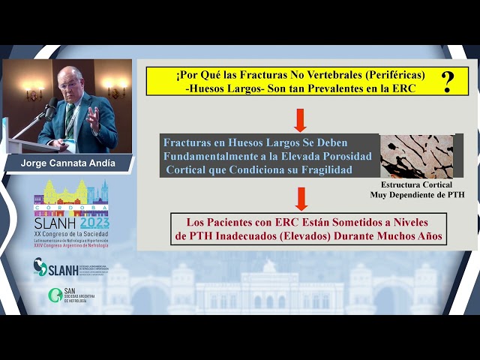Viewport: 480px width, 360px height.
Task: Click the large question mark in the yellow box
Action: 447,81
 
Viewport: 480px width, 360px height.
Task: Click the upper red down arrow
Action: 301,119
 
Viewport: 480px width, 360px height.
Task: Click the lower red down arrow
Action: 301,198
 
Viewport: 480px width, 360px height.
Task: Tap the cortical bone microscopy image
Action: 416,156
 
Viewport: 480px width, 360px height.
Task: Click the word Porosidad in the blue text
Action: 333,154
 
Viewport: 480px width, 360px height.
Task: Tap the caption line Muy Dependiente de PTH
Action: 417,194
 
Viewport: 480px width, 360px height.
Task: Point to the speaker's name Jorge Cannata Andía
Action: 67,163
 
